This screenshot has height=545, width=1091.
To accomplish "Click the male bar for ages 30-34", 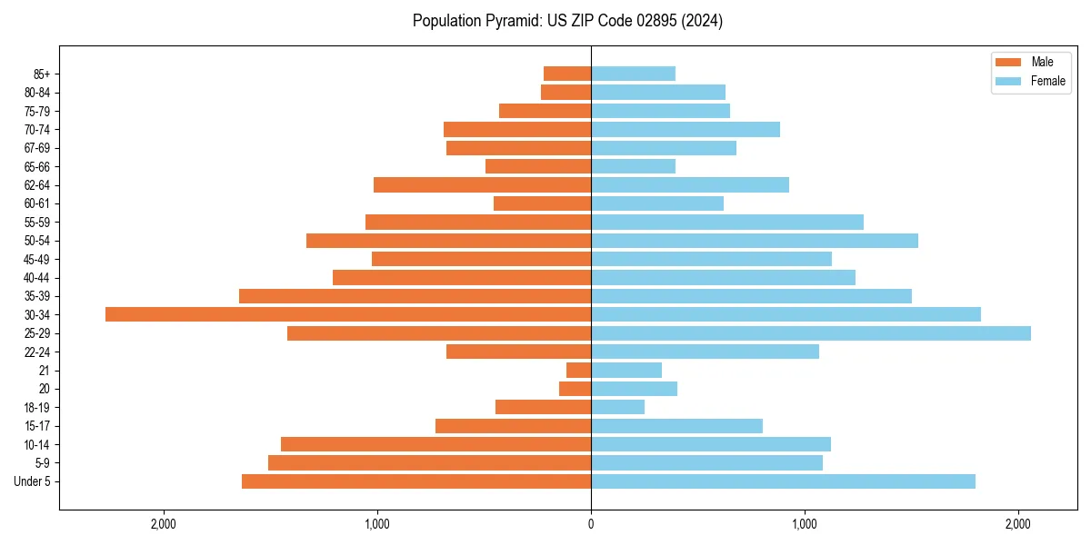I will point(348,314).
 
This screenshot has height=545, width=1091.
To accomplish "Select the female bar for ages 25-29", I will point(811,333).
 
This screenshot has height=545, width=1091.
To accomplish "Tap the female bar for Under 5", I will point(783,481).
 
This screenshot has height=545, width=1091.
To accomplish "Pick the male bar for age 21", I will point(579,371).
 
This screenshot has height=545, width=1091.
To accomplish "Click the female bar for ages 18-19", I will point(618,407).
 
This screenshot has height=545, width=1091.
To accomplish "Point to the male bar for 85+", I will point(567,74).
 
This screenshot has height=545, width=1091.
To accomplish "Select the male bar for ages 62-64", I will point(483,185).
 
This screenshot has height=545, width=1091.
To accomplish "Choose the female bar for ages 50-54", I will point(755,241).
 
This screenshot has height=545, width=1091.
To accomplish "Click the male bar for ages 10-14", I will point(436,444).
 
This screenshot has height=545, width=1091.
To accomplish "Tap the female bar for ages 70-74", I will point(686,129).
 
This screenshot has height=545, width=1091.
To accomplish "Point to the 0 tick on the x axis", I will point(591,524).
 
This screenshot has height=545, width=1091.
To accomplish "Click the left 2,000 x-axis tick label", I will point(164,524).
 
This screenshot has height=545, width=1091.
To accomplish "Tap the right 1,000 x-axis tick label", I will point(805,524).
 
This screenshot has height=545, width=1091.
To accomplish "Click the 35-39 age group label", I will point(37,296).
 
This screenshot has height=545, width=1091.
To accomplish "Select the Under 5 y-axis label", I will point(33,481).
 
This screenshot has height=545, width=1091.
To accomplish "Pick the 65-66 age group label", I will point(37,166).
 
